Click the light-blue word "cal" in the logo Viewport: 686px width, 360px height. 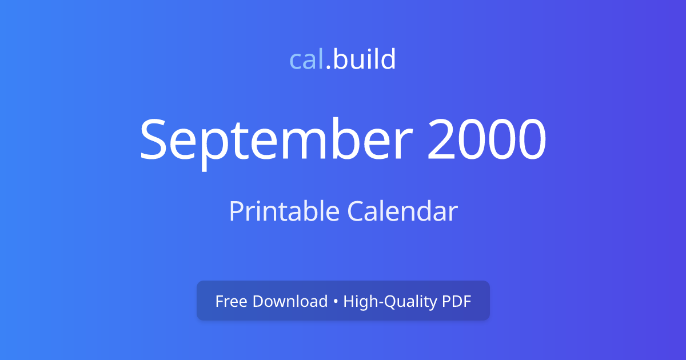click(306, 60)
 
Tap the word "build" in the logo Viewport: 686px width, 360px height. click(365, 60)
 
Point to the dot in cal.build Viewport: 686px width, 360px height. click(328, 67)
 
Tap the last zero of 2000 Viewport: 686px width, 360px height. click(530, 140)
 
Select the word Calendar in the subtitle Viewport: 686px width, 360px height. click(402, 211)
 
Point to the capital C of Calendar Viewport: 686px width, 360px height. click(356, 211)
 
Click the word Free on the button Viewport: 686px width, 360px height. click(230, 301)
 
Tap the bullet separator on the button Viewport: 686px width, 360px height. click(336, 302)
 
